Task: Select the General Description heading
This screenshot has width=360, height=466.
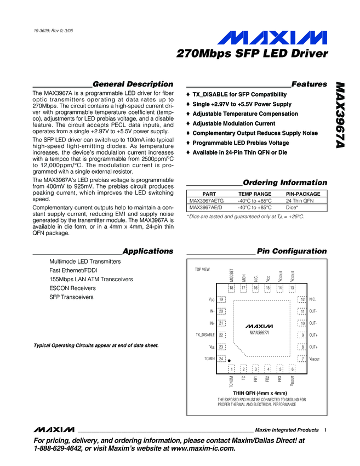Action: [x=133, y=84]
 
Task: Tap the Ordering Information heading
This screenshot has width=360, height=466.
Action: [x=284, y=183]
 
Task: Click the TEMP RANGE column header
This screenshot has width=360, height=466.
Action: [x=254, y=194]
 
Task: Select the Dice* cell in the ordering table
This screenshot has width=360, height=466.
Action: [x=294, y=208]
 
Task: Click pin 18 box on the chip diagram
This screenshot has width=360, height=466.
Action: [x=231, y=288]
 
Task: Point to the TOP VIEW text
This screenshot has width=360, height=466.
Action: [x=202, y=270]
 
